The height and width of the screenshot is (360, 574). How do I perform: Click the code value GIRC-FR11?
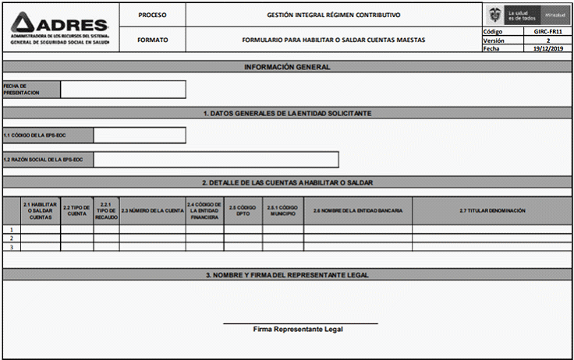pos(547,31)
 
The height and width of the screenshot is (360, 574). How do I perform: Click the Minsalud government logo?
pos(526,15)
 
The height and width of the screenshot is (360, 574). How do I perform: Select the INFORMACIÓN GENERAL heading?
pos(287,67)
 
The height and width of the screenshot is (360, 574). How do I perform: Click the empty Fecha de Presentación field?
pos(122,89)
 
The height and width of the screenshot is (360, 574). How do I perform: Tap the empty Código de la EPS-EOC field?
pos(139,136)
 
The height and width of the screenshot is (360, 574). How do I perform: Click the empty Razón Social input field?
pos(215,160)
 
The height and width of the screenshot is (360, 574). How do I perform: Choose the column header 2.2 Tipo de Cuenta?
pos(77,210)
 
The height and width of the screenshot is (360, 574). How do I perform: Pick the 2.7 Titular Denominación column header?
pos(492,210)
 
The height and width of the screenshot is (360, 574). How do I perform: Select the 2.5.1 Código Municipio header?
pos(282,210)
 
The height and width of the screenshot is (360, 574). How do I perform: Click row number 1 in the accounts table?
pos(11,230)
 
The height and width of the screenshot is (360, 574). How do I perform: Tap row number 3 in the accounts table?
pos(11,247)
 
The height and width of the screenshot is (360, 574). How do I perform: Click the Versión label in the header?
pos(494,40)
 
